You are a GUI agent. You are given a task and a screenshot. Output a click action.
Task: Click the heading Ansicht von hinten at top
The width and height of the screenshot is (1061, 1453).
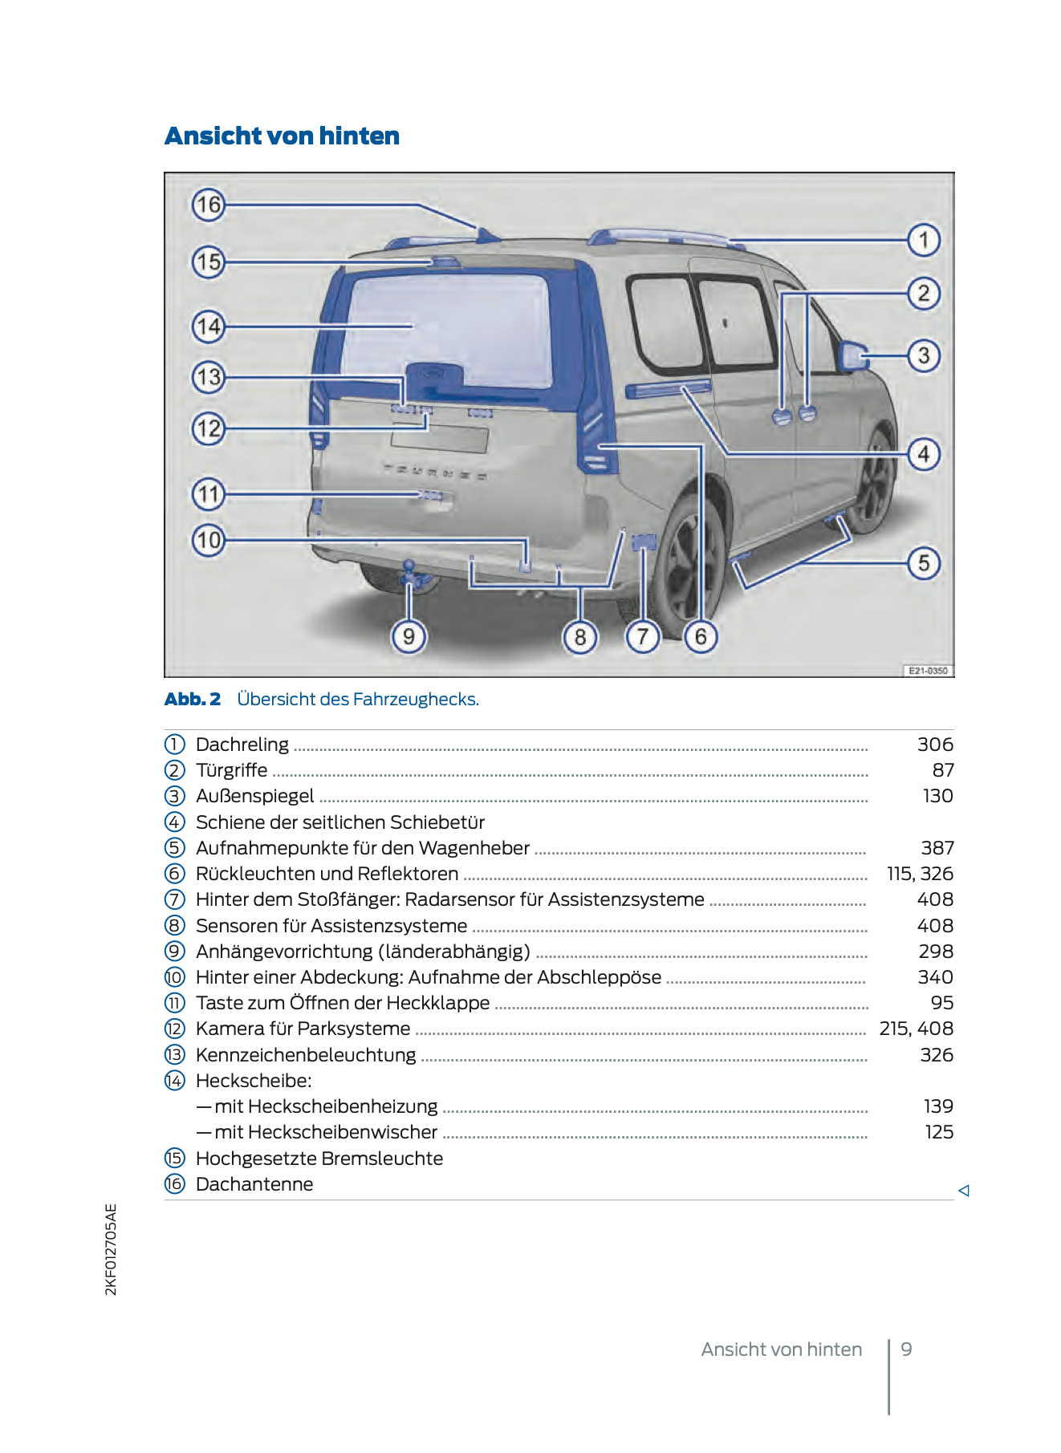coord(282,136)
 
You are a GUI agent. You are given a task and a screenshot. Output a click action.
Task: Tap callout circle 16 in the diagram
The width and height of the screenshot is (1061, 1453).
coord(208,205)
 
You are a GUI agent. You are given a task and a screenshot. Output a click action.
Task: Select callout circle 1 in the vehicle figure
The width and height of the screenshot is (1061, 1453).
coord(924,240)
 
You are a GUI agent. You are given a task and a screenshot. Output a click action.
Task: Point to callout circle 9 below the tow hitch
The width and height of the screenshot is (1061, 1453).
coord(409,637)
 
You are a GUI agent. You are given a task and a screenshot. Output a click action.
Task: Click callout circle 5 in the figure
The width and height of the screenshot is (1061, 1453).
coord(924,563)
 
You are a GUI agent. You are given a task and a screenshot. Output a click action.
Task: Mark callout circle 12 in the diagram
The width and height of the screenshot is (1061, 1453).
coord(208,428)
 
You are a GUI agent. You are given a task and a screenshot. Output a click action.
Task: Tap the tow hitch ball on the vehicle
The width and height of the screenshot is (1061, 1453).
coord(409,566)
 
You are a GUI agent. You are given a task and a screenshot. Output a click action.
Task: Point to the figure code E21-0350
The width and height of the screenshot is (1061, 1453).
coord(928,671)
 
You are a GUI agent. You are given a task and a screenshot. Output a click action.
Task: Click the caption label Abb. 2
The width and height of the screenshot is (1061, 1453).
coord(193,699)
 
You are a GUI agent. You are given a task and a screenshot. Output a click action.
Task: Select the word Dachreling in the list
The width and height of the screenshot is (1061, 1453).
coord(242,745)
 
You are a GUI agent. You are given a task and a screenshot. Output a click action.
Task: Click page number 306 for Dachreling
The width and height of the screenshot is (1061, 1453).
coord(935,745)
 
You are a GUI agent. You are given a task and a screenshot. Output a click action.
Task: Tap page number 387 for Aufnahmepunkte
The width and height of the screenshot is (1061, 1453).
coord(937,848)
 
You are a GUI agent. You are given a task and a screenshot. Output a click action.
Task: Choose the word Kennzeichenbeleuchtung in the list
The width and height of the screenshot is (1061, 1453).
coord(306,1055)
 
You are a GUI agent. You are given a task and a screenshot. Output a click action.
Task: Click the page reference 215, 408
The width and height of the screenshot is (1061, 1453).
coord(916,1029)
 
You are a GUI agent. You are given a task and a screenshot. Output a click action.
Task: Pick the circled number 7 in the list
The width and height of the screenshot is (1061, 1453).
coord(174,899)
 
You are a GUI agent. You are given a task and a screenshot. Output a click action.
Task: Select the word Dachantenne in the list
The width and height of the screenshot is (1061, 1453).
coord(254,1184)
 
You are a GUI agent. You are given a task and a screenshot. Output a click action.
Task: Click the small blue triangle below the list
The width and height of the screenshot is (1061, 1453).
coord(964,1191)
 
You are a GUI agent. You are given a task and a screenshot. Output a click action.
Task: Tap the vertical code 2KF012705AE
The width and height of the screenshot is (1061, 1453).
coord(111,1249)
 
